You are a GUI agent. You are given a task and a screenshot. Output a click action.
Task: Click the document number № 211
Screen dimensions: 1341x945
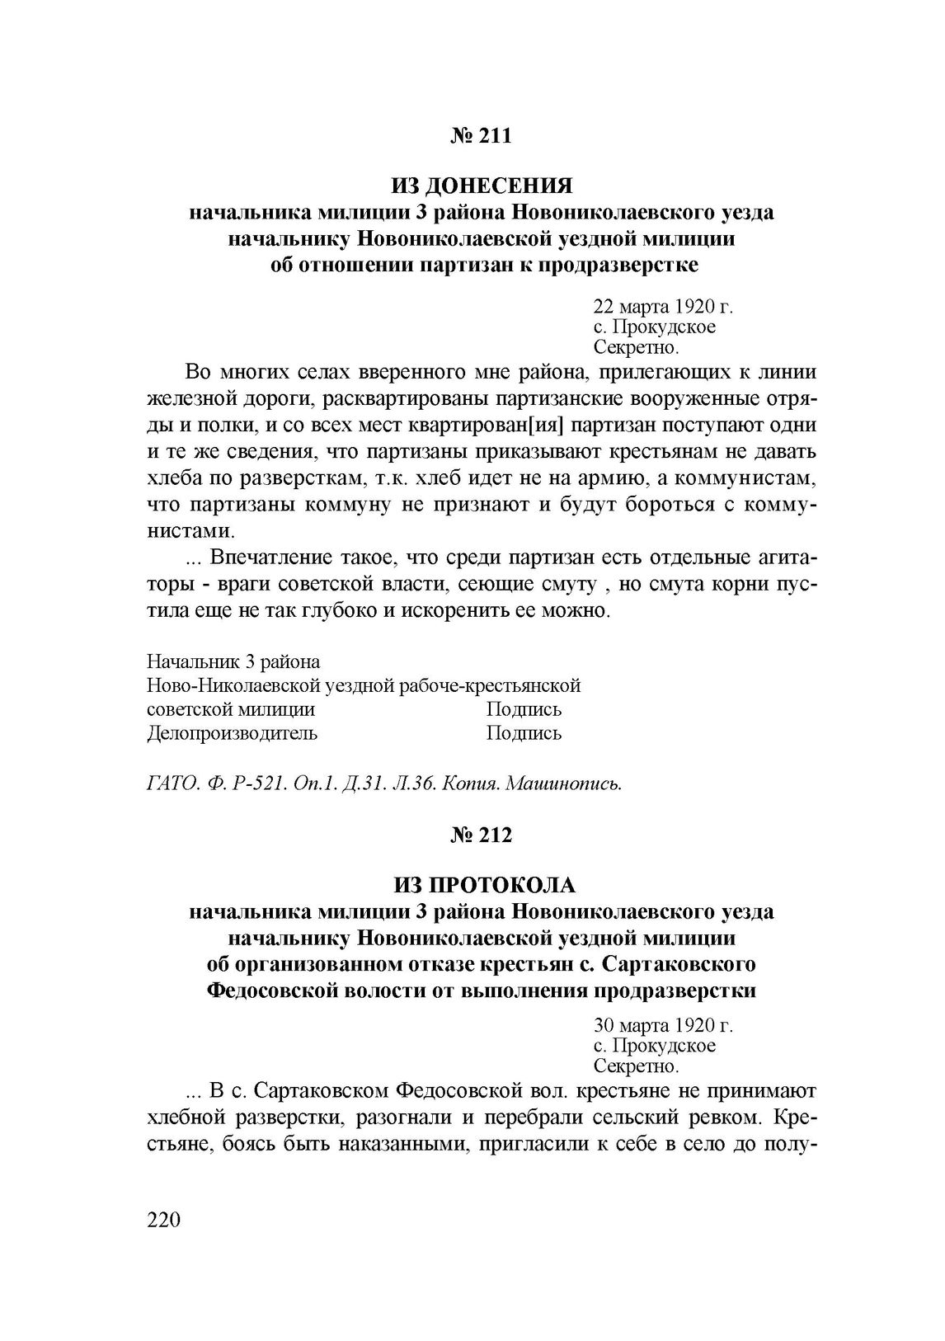tap(482, 135)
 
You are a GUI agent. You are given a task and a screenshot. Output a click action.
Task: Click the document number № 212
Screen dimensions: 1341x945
tap(482, 835)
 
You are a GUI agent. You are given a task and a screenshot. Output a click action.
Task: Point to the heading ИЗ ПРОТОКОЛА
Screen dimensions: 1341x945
tap(482, 886)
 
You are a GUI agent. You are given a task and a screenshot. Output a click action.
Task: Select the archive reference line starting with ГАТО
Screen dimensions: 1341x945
tap(383, 783)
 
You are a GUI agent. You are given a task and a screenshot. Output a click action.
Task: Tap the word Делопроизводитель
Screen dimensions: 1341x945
tap(232, 732)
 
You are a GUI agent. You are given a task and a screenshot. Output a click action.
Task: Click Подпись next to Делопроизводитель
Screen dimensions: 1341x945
tap(524, 732)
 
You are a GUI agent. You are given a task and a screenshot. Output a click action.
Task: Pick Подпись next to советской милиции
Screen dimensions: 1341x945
tap(524, 709)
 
